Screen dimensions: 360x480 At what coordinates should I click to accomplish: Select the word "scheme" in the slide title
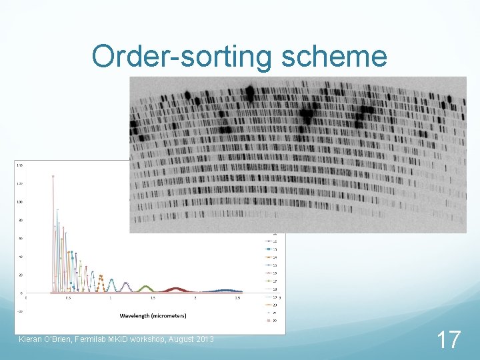[x=334, y=57]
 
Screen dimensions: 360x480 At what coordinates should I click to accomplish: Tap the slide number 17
[x=449, y=339]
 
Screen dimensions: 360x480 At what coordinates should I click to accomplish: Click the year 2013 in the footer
[x=203, y=340]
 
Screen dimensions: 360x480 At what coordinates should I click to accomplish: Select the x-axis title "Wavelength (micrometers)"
[x=153, y=315]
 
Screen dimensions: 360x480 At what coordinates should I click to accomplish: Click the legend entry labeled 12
[x=274, y=241]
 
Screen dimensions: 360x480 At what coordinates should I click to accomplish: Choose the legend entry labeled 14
[x=274, y=257]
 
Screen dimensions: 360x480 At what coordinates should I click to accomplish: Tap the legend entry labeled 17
[x=274, y=281]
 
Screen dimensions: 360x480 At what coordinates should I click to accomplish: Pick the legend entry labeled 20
[x=274, y=304]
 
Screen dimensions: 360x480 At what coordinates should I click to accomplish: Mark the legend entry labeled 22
[x=274, y=320]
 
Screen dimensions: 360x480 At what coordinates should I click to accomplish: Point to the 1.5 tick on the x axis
[x=153, y=298]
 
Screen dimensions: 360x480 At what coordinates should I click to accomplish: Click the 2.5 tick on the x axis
[x=237, y=298]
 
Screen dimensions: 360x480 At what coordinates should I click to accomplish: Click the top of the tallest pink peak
[x=53, y=177]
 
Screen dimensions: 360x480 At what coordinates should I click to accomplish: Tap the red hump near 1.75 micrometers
[x=175, y=289]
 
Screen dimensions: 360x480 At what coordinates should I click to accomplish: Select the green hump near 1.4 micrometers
[x=145, y=288]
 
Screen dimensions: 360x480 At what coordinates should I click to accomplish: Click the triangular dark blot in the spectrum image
[x=307, y=115]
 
